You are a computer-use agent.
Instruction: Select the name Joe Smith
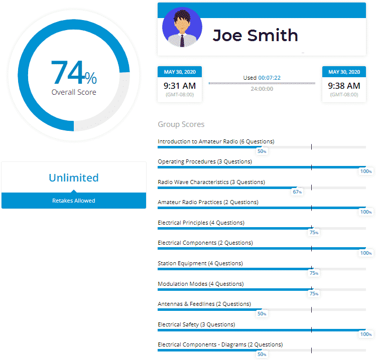coord(255,35)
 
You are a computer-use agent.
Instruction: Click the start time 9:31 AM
coord(180,86)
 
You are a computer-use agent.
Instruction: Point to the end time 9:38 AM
coord(344,86)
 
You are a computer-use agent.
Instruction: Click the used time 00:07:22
coord(269,78)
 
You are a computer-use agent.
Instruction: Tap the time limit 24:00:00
coord(262,89)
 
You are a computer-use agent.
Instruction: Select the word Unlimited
coord(74,177)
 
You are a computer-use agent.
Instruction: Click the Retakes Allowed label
coord(74,201)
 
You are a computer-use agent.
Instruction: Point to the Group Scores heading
coord(181,124)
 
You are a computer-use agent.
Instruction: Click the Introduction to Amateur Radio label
coord(216,141)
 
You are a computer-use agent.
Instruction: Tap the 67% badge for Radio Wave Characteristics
coord(297,192)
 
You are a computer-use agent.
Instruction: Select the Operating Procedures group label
coord(205,161)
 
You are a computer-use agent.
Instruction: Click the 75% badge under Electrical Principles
coord(314,233)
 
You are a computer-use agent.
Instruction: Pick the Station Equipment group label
coord(200,263)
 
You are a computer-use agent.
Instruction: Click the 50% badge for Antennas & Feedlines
coord(262,314)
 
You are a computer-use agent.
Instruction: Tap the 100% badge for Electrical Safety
coord(366,334)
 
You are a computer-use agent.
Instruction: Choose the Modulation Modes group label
coord(200,284)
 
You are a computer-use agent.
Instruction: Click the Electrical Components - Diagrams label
coord(220,344)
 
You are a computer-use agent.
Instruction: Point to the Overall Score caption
coord(74,92)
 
